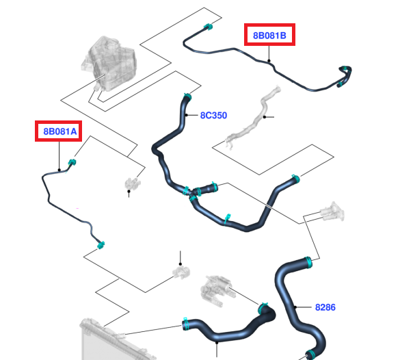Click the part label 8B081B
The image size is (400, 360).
[269, 36]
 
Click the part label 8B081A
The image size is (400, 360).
[60, 131]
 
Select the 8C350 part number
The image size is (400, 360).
[213, 116]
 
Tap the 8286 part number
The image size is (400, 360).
[325, 307]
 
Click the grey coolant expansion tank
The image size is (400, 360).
[109, 64]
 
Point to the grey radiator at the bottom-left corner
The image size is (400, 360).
[112, 339]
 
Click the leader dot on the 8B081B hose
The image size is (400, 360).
[269, 61]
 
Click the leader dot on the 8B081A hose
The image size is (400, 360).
[59, 170]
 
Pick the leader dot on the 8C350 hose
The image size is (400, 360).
[187, 115]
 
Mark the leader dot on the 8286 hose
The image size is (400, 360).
[295, 307]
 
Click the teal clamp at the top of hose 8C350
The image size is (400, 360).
[188, 97]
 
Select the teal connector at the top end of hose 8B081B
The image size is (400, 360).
[208, 27]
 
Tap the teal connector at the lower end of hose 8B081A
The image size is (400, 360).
[101, 245]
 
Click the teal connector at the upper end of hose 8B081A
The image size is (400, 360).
[72, 162]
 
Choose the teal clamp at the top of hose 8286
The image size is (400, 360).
[308, 262]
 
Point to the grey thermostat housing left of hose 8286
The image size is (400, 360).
[216, 291]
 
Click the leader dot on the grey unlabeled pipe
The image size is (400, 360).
[265, 117]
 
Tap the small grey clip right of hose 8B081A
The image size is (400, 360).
[133, 183]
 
